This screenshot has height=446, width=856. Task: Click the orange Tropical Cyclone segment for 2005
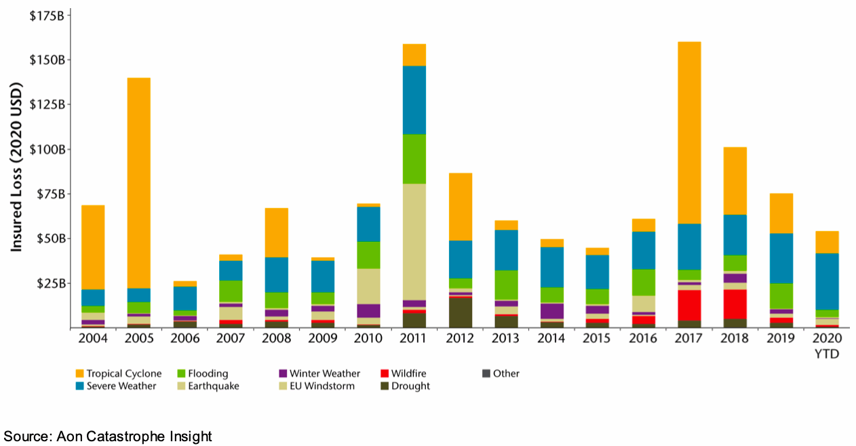(138, 183)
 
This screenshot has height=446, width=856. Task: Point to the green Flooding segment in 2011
(414, 159)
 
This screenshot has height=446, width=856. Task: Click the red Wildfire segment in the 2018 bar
(735, 304)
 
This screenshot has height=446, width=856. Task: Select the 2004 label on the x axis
(93, 338)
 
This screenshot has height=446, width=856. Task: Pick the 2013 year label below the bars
(505, 338)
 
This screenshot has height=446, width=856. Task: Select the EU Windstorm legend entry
(322, 386)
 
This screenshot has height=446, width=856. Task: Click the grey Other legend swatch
(485, 373)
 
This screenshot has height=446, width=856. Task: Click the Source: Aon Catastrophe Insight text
(108, 437)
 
